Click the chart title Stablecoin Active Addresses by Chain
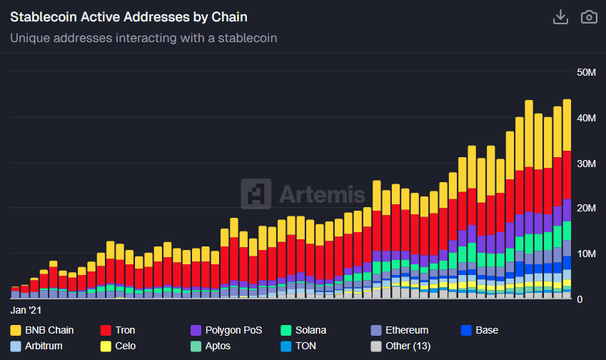(129, 16)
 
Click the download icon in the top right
(560, 17)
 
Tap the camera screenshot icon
(589, 17)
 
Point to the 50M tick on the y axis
(586, 72)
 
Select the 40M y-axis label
(586, 118)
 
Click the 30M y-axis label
(586, 164)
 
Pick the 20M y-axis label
(586, 208)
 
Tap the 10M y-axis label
(586, 254)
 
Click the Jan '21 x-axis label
(26, 311)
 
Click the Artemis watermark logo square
(256, 194)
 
